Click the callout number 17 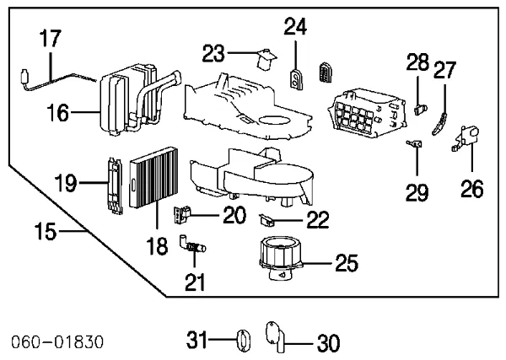[50, 39]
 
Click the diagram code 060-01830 [57, 342]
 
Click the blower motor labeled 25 [279, 255]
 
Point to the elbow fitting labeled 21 [192, 248]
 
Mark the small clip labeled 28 [421, 106]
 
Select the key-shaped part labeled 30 [276, 336]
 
